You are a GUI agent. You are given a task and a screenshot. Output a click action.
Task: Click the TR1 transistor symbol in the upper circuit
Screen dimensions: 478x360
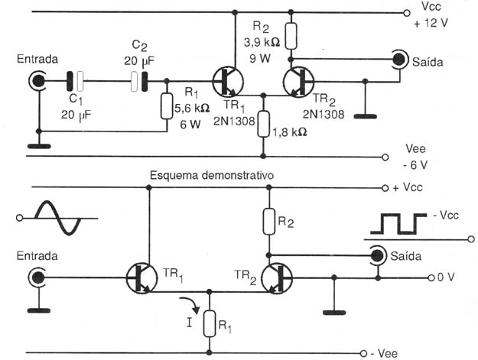point(228,82)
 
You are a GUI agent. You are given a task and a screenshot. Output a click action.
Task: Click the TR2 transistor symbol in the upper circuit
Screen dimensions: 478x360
point(298,82)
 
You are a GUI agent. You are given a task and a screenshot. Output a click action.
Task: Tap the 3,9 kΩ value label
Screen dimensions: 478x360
point(262,42)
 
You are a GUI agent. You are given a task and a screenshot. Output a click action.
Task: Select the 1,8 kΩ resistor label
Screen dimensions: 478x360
point(289,132)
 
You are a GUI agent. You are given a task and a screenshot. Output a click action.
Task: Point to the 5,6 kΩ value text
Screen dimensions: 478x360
point(192,108)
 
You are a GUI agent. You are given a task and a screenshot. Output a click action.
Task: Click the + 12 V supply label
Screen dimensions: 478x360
point(431,23)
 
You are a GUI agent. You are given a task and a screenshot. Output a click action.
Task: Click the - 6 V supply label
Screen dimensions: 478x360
point(415,165)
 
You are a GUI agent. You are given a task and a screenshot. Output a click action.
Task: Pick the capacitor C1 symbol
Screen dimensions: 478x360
point(75,81)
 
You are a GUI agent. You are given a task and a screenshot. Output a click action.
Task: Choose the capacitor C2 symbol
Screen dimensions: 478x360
point(139,82)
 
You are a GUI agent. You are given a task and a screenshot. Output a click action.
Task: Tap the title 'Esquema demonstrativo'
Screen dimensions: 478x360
point(212,176)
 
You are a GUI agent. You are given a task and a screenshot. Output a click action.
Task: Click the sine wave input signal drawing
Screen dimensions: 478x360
point(58,218)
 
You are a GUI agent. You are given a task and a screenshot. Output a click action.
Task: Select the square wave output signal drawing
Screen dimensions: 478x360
point(398,224)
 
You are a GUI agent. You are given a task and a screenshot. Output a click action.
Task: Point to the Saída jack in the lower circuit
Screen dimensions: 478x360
point(377,255)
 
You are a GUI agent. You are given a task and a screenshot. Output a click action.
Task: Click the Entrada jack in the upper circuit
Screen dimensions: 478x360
point(37,81)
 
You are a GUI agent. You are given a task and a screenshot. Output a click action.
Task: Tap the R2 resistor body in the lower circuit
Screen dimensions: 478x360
point(269,222)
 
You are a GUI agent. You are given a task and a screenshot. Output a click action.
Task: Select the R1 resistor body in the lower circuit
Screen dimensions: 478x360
point(210,324)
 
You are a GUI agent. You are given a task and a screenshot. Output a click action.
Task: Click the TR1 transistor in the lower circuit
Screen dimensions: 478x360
point(142,278)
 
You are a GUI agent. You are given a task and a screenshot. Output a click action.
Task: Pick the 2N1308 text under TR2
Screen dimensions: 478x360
point(324,114)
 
